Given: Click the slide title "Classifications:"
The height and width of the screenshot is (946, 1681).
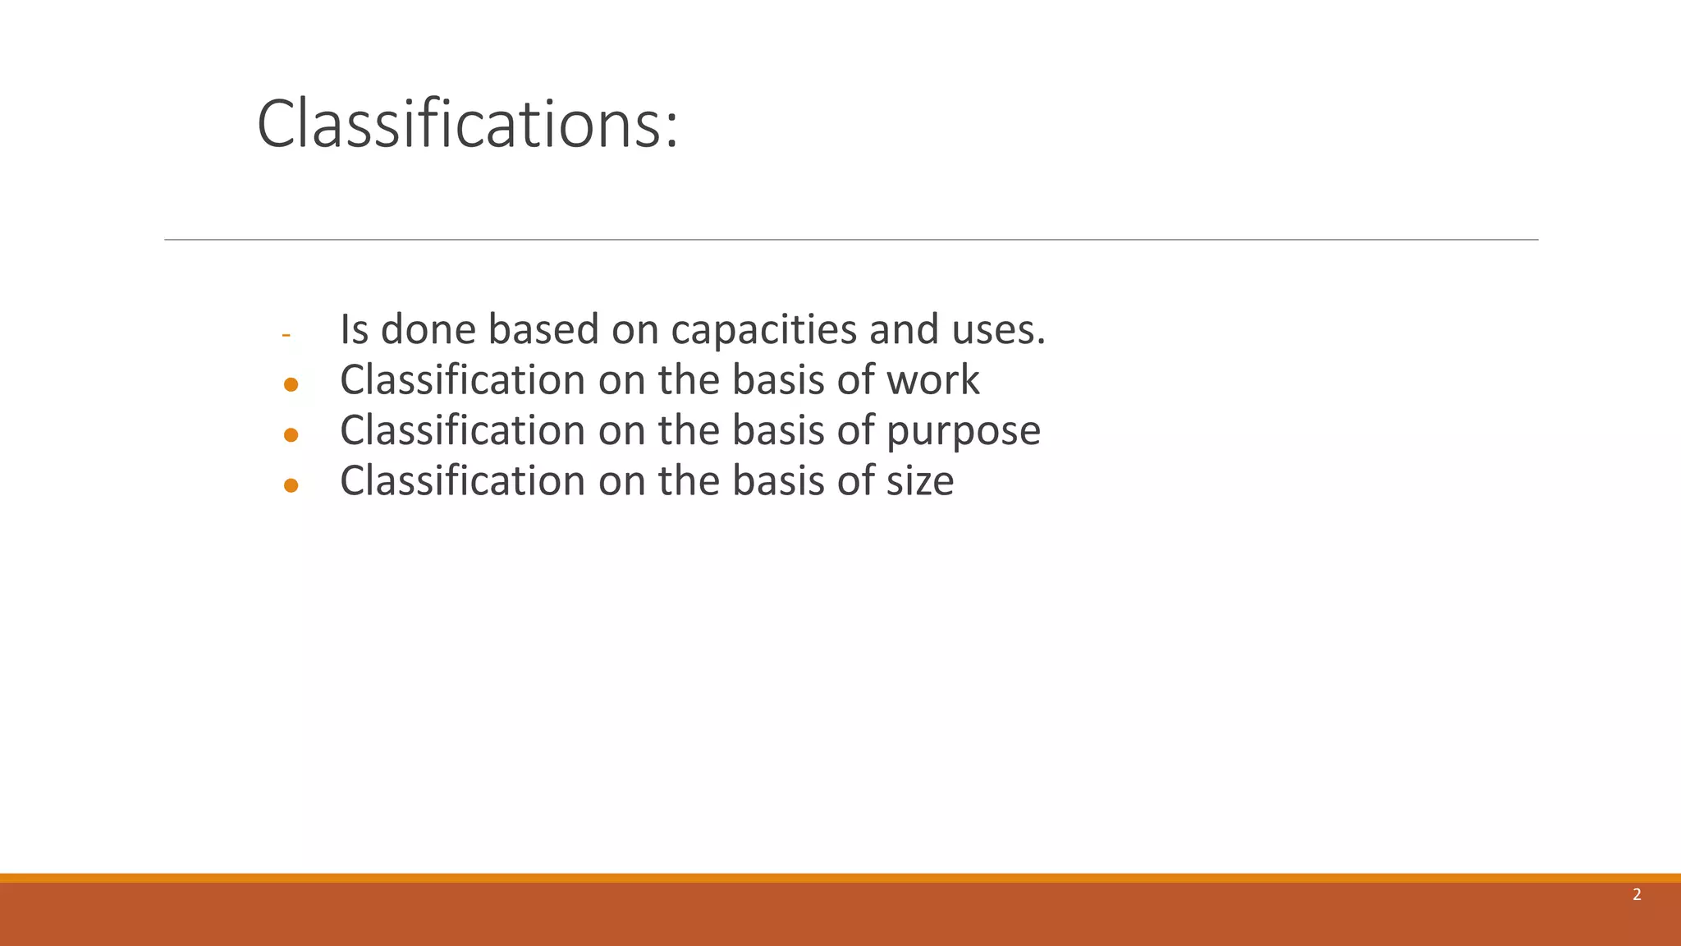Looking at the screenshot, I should (x=467, y=124).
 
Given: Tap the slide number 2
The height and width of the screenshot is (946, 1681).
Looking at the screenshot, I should (x=1637, y=895).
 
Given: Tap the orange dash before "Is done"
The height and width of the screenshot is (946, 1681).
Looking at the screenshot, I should (x=286, y=335).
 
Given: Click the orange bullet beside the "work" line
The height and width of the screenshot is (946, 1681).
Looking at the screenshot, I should (x=291, y=384).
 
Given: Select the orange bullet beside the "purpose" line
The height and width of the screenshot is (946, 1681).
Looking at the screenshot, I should (x=291, y=435).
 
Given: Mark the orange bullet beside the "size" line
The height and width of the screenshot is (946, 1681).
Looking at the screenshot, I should (x=291, y=485).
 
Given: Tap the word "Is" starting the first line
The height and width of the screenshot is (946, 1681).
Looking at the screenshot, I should (x=354, y=329).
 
